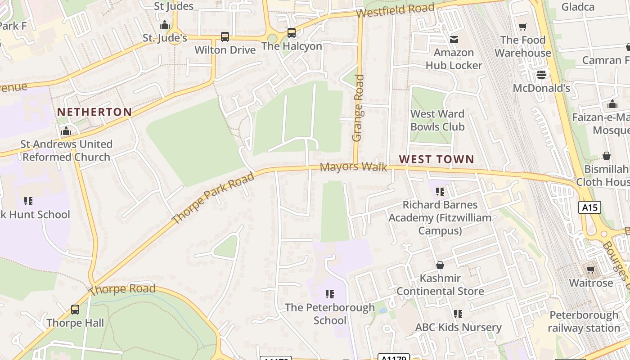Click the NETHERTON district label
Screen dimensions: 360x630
click(x=94, y=112)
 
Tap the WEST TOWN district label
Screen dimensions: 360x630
click(x=436, y=159)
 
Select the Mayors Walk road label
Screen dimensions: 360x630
click(x=353, y=167)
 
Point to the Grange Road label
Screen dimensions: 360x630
click(x=358, y=108)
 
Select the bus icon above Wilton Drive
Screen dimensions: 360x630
click(x=225, y=36)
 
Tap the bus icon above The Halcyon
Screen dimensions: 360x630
click(x=292, y=33)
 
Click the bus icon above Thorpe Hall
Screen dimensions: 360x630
click(x=75, y=310)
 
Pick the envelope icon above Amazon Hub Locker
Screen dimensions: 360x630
click(x=454, y=40)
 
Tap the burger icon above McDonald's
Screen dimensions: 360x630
click(x=541, y=74)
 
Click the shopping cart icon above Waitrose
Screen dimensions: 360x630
click(x=591, y=270)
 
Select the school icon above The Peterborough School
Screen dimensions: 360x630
click(x=330, y=294)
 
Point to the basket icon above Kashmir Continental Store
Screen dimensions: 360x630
click(x=440, y=265)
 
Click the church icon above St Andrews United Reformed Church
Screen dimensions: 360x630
click(x=66, y=131)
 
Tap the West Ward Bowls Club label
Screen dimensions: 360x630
click(x=437, y=121)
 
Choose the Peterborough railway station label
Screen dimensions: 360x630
click(x=584, y=321)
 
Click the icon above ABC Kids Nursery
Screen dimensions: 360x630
click(x=458, y=314)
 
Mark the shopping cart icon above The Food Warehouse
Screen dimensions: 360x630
click(x=522, y=27)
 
